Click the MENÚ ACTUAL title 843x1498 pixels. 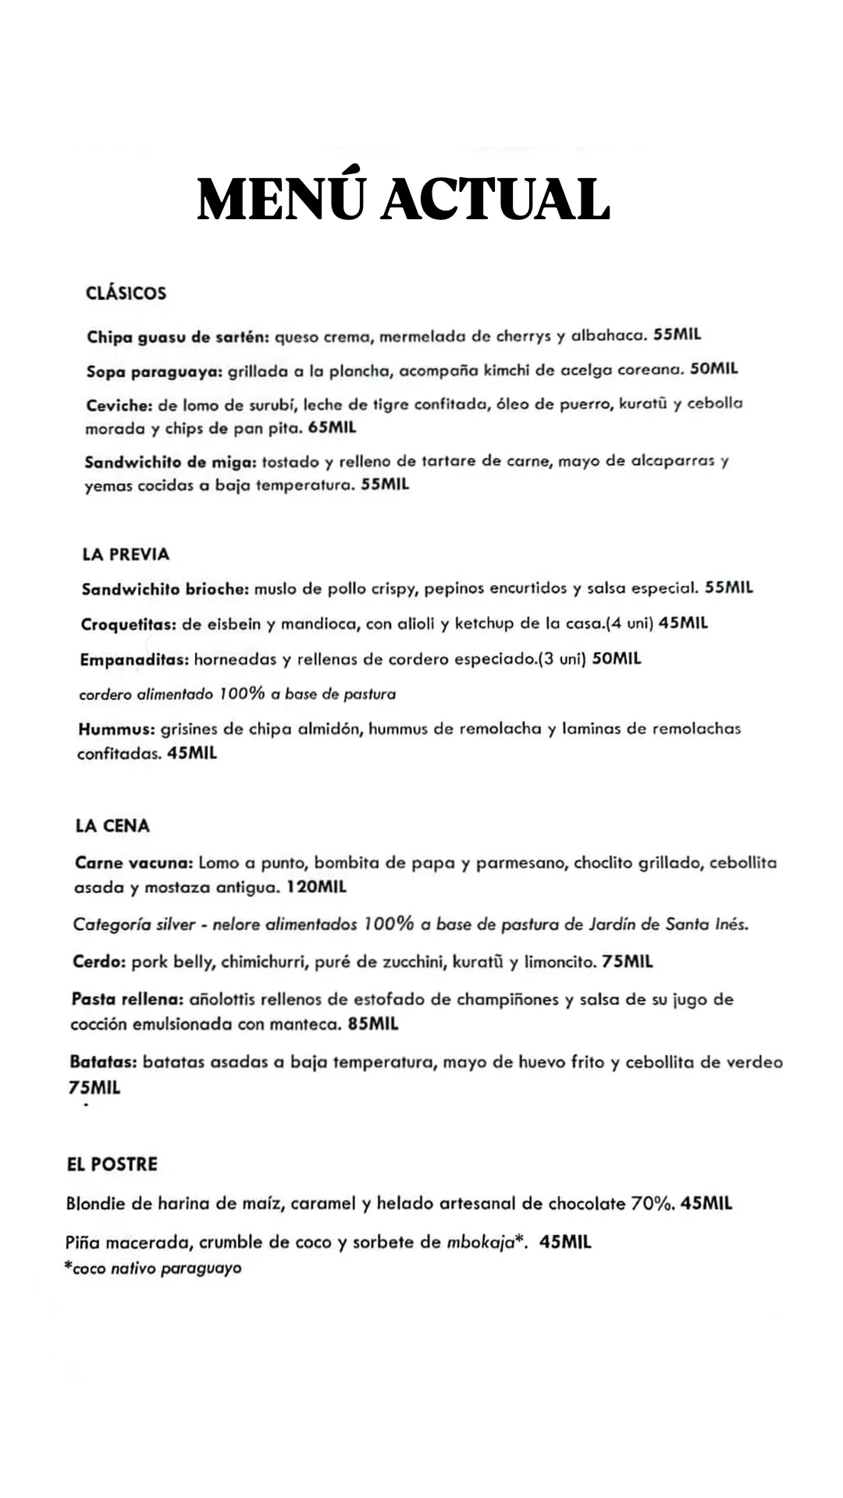coord(404,199)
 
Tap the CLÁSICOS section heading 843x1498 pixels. coord(126,293)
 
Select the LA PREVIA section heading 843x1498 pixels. coord(126,554)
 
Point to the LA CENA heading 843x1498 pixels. coord(112,825)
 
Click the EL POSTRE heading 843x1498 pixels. coord(112,1164)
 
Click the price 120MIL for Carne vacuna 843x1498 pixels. coord(317,887)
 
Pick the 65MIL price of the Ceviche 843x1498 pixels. coord(333,428)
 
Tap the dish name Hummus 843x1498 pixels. coord(116,729)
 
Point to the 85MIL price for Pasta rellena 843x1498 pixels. coord(373,1024)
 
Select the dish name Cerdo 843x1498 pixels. coord(99,962)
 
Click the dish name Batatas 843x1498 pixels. coord(104,1062)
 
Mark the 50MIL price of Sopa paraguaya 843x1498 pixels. coord(714,369)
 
